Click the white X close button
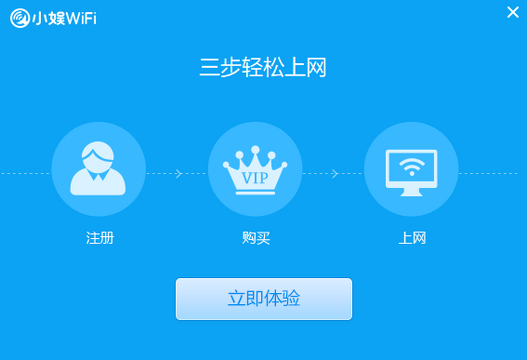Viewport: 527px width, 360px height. click(x=513, y=12)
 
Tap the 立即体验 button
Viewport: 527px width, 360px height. click(x=263, y=299)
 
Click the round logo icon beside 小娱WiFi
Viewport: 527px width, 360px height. click(x=19, y=18)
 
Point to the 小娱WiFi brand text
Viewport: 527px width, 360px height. click(x=64, y=19)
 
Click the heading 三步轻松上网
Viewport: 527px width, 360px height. click(x=263, y=69)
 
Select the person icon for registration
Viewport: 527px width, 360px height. click(x=98, y=169)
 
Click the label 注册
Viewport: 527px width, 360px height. click(x=100, y=238)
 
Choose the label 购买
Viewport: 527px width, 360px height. click(x=256, y=238)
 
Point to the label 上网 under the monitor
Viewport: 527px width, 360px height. click(x=411, y=238)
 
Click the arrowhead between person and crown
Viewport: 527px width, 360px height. click(x=178, y=174)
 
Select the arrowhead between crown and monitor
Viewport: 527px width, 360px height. click(x=335, y=174)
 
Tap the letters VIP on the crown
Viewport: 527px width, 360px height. click(x=255, y=178)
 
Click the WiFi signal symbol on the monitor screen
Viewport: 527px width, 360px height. click(x=411, y=166)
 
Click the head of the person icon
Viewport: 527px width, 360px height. click(x=97, y=155)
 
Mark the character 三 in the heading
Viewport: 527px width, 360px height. click(x=209, y=69)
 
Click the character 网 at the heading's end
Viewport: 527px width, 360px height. click(x=316, y=69)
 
